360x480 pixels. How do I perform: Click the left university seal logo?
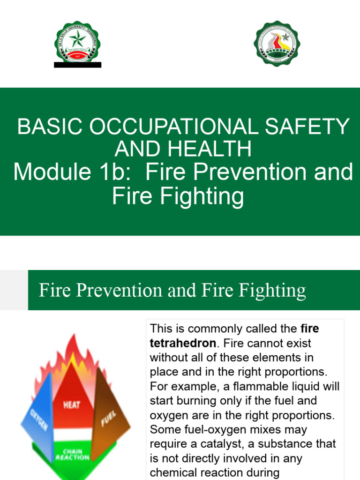[77, 44]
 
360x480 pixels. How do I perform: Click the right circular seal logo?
[277, 44]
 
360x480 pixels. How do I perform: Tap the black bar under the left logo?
[77, 65]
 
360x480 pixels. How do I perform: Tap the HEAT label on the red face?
[72, 404]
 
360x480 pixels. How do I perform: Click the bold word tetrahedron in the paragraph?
[183, 343]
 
